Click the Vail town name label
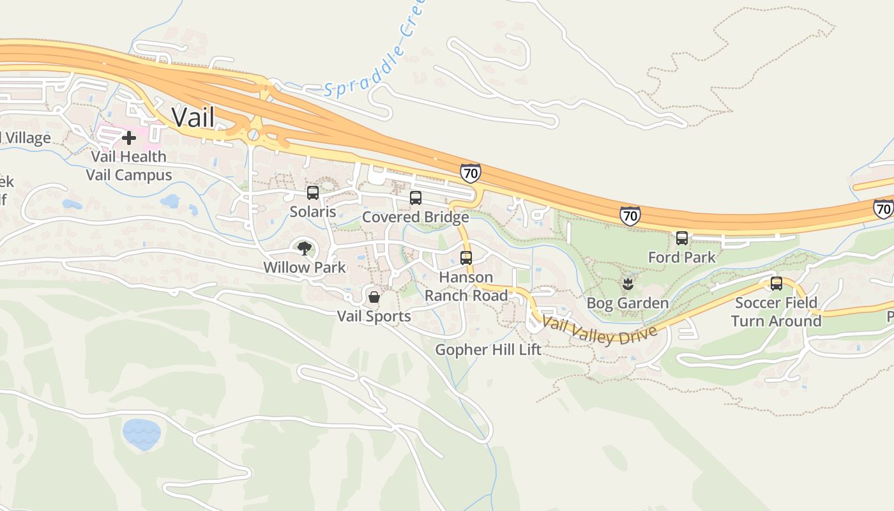[193, 118]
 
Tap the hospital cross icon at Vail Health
[129, 137]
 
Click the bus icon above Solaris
[313, 193]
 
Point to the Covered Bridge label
[415, 217]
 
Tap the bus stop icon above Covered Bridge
[416, 198]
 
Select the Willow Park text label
[305, 268]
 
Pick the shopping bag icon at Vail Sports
[374, 297]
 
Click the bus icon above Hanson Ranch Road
[466, 258]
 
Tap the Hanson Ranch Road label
[466, 286]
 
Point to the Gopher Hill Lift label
[488, 349]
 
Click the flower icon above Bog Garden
[627, 284]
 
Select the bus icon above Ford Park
[682, 238]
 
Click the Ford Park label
[682, 257]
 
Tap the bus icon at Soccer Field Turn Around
[777, 283]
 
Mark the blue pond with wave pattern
[141, 434]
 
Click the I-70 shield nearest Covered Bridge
[470, 172]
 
